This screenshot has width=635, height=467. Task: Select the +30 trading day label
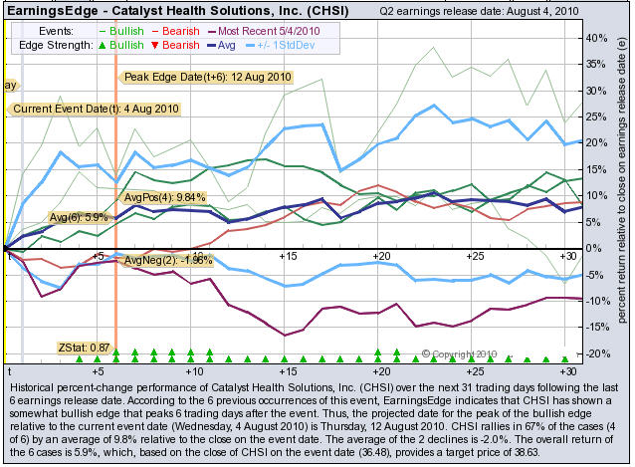(x=568, y=370)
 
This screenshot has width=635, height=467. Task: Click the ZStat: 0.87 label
(x=86, y=348)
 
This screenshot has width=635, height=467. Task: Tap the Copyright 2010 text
(x=464, y=352)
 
